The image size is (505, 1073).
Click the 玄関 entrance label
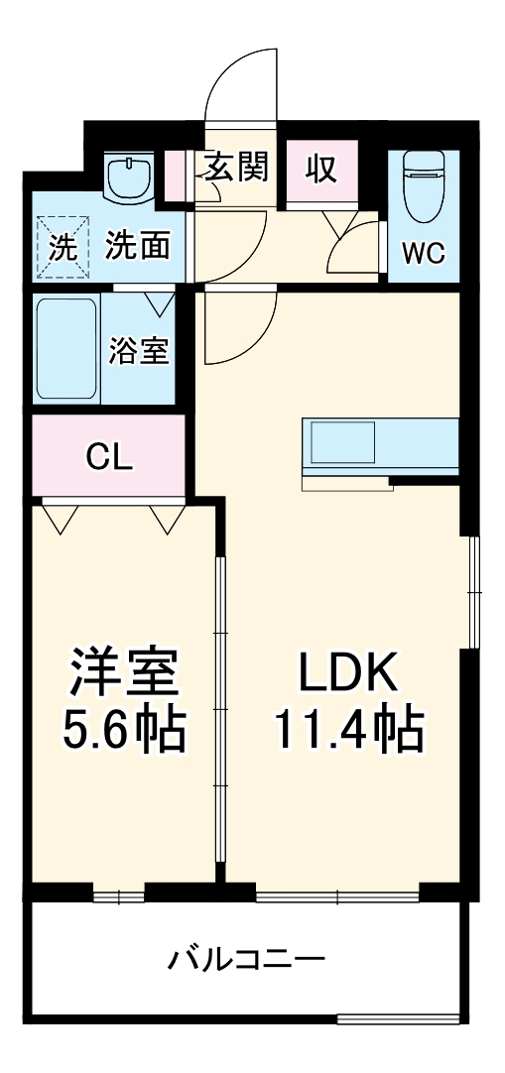(236, 169)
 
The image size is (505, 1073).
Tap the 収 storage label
(319, 170)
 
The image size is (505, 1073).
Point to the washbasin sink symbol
(129, 178)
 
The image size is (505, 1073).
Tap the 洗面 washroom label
(138, 245)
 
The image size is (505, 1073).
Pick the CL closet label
(109, 457)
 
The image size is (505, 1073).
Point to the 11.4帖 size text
(349, 732)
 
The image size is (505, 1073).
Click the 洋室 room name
(124, 675)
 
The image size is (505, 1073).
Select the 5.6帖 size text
(124, 732)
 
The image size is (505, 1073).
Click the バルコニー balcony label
(246, 959)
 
